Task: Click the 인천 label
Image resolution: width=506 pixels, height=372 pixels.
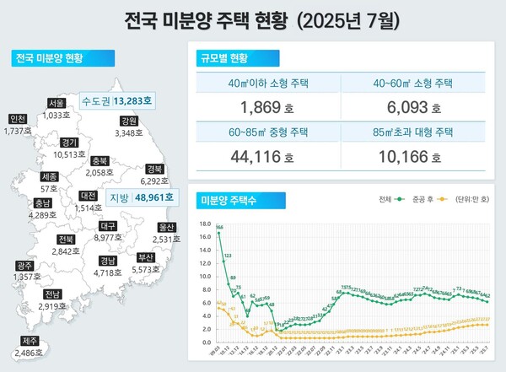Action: pos(17,118)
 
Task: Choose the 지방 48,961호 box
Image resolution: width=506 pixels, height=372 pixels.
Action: pos(141,197)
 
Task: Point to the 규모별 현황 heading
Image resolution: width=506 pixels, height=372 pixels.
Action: pos(224,58)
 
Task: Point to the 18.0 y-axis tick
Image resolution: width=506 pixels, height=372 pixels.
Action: pos(205,222)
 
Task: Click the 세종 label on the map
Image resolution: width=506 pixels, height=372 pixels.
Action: pos(49,177)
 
